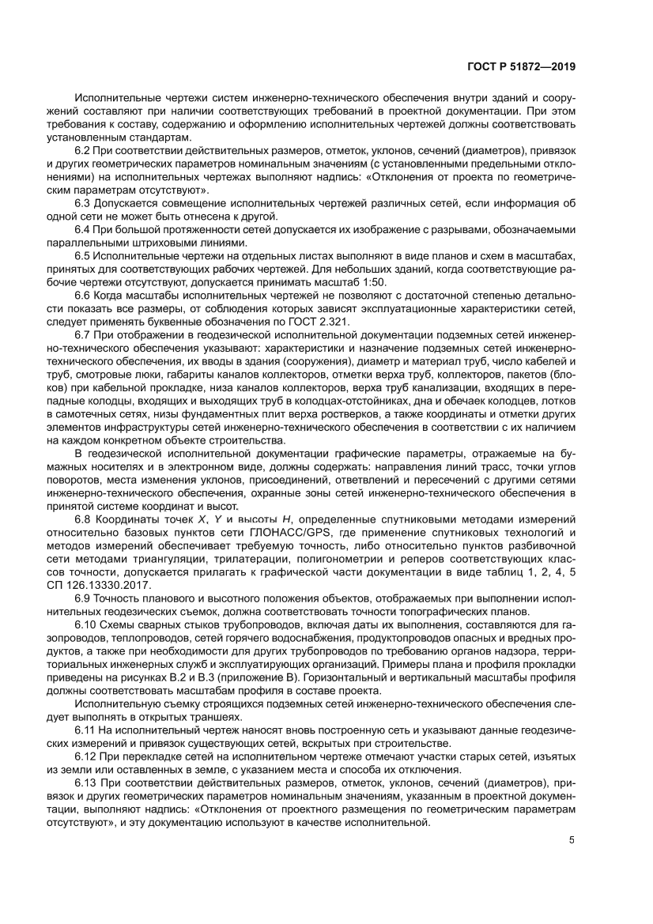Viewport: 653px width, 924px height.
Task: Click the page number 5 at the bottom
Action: (572, 840)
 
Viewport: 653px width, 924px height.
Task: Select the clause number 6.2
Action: (83, 149)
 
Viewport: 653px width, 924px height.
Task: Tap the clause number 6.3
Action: (83, 203)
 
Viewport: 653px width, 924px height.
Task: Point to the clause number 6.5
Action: (83, 256)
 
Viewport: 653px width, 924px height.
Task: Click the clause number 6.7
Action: (83, 337)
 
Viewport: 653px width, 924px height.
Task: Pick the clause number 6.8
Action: (83, 518)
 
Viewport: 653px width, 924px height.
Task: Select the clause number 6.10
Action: (85, 624)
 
